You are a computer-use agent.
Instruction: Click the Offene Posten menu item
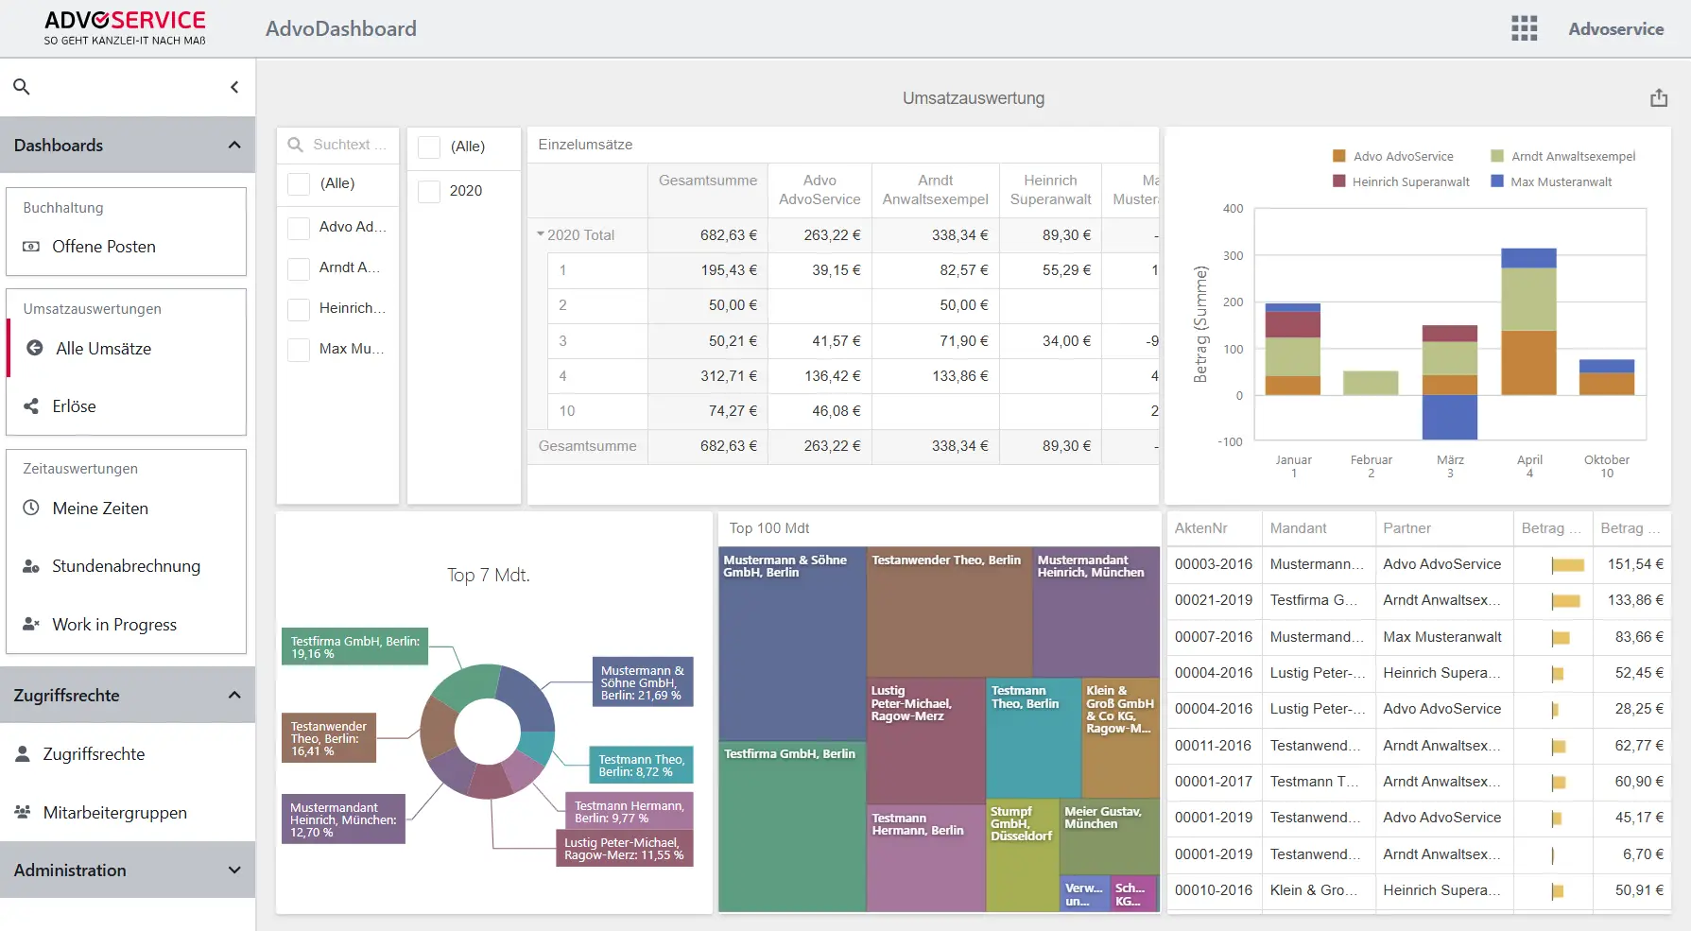(x=103, y=247)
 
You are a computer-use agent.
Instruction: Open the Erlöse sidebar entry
(x=74, y=406)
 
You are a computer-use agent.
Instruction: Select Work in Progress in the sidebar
(x=113, y=625)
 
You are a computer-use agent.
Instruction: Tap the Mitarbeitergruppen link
(x=114, y=813)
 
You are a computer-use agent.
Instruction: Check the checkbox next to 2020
(x=429, y=191)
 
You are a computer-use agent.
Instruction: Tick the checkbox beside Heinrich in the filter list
(x=299, y=309)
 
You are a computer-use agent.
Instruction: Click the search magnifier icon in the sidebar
(x=22, y=87)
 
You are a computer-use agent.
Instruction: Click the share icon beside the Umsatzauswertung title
(x=1659, y=98)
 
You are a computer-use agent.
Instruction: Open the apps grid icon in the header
(x=1524, y=28)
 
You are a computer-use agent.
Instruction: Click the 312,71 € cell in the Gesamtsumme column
(x=728, y=376)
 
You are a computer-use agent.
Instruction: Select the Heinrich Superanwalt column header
(x=1050, y=190)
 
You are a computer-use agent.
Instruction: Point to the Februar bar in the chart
(x=1371, y=383)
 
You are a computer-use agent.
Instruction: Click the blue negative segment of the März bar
(x=1449, y=417)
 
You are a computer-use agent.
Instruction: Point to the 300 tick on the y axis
(x=1233, y=256)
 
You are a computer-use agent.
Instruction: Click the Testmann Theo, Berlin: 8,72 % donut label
(x=641, y=766)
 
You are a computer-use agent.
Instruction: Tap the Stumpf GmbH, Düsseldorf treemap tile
(x=1022, y=841)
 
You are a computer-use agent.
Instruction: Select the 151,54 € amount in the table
(x=1635, y=564)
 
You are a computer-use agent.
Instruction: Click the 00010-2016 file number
(x=1213, y=890)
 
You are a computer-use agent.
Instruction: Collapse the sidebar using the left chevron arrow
(x=234, y=87)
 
